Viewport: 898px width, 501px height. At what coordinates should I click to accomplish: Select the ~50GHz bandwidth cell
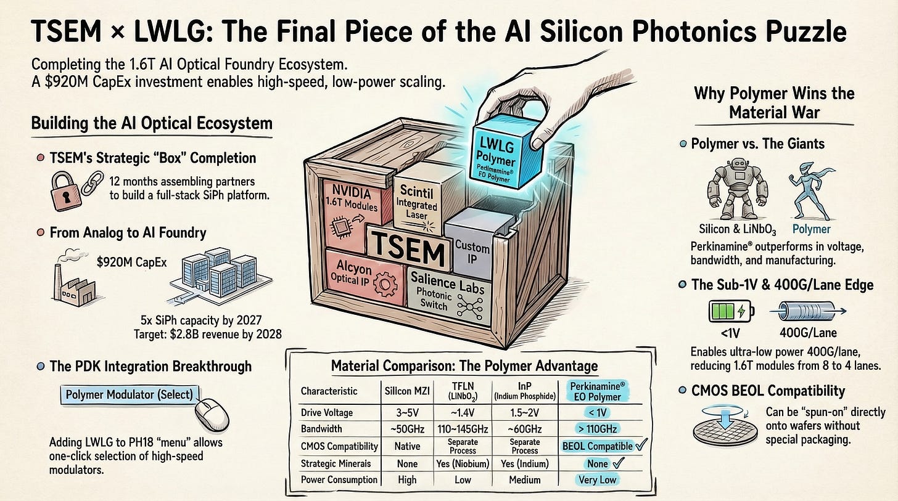[x=407, y=428]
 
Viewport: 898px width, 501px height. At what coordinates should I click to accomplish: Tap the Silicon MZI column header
[x=407, y=391]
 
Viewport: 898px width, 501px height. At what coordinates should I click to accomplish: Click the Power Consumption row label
[x=339, y=479]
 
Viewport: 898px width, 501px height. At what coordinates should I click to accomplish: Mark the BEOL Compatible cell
[x=597, y=446]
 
